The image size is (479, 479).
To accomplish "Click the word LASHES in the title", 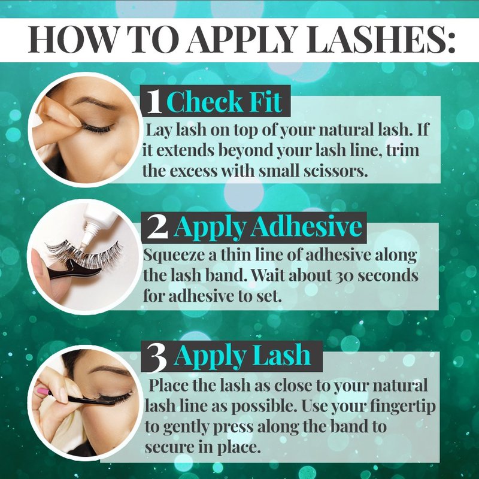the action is point(381,40).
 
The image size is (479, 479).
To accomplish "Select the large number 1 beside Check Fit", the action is point(154,102).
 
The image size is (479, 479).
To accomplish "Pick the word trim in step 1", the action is point(403,150).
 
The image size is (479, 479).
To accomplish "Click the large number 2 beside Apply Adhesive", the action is point(157,228).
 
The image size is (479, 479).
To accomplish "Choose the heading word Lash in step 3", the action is point(281,355).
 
